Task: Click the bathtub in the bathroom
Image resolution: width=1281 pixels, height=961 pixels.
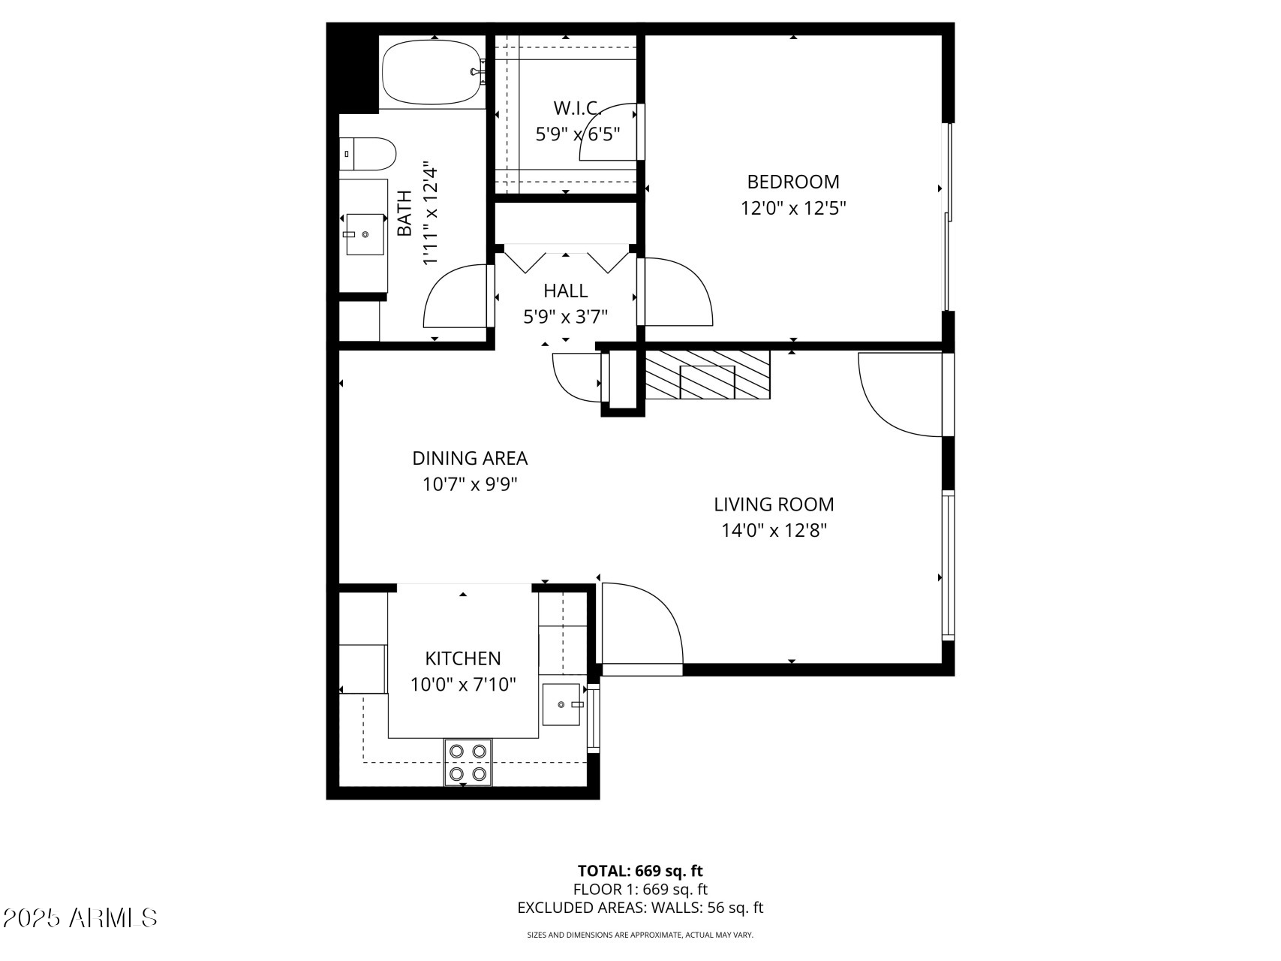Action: pyautogui.click(x=431, y=73)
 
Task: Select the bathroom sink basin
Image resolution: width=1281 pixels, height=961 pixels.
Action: pyautogui.click(x=365, y=234)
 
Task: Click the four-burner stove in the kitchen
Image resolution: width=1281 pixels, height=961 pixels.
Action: pyautogui.click(x=468, y=762)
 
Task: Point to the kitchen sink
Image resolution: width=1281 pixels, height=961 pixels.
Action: pyautogui.click(x=562, y=704)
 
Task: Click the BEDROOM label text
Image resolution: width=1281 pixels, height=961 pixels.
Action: pyautogui.click(x=792, y=182)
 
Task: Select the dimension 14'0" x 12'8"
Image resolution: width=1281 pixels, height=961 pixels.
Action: pyautogui.click(x=774, y=531)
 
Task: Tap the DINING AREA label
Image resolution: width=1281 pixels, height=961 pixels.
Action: pyautogui.click(x=470, y=458)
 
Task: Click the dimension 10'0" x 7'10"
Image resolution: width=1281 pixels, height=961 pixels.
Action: pyautogui.click(x=463, y=685)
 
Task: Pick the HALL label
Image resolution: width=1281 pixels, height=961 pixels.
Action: pyautogui.click(x=565, y=291)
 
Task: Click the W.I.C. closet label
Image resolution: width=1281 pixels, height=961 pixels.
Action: pyautogui.click(x=577, y=108)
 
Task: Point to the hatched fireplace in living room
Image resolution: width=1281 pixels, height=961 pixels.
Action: pyautogui.click(x=708, y=374)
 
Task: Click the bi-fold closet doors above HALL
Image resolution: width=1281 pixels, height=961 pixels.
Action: pyautogui.click(x=566, y=258)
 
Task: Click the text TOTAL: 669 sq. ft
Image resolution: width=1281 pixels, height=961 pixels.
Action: pyautogui.click(x=640, y=871)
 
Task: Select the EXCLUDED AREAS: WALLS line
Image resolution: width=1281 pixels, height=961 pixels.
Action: pyautogui.click(x=640, y=908)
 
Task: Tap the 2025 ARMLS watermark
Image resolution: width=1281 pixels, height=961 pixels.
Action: pyautogui.click(x=80, y=917)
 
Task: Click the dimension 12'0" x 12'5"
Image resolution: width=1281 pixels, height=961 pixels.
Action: pyautogui.click(x=793, y=208)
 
